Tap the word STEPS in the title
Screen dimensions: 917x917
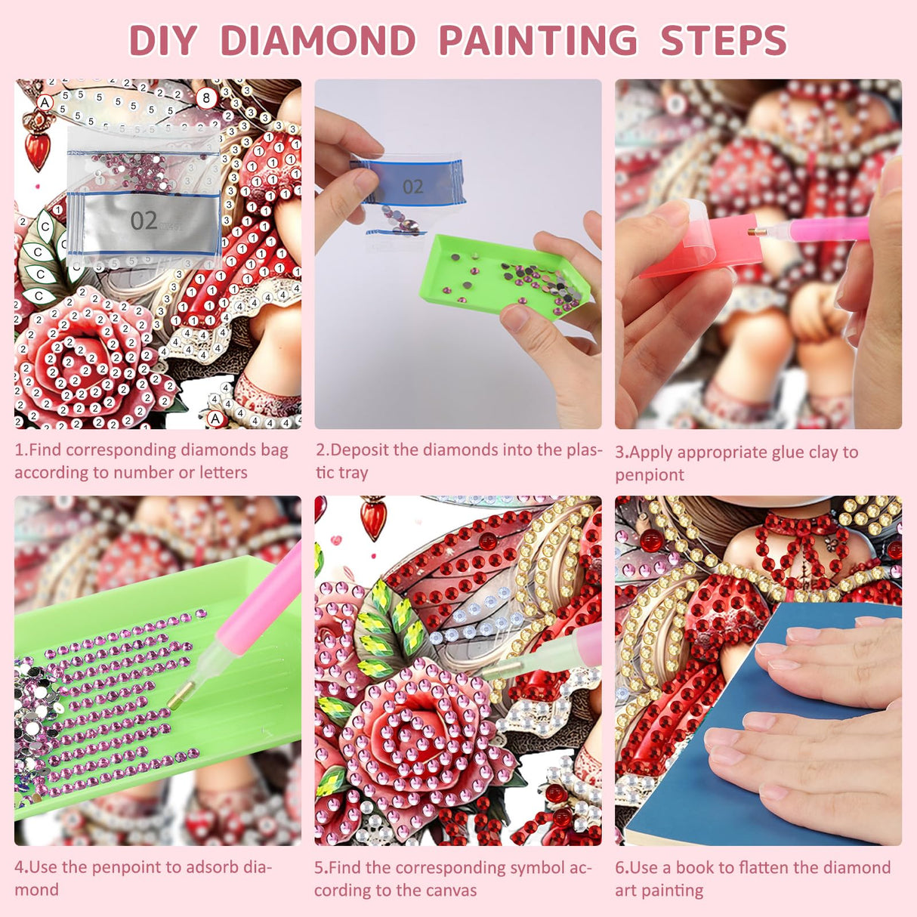coord(723,41)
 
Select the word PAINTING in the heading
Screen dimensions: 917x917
coord(538,41)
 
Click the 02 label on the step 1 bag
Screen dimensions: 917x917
coord(144,221)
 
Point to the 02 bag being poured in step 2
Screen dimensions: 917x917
coord(412,186)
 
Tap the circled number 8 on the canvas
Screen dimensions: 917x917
coord(206,98)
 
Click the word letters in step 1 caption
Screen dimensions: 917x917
coord(224,473)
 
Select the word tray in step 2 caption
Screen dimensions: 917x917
coord(354,473)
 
